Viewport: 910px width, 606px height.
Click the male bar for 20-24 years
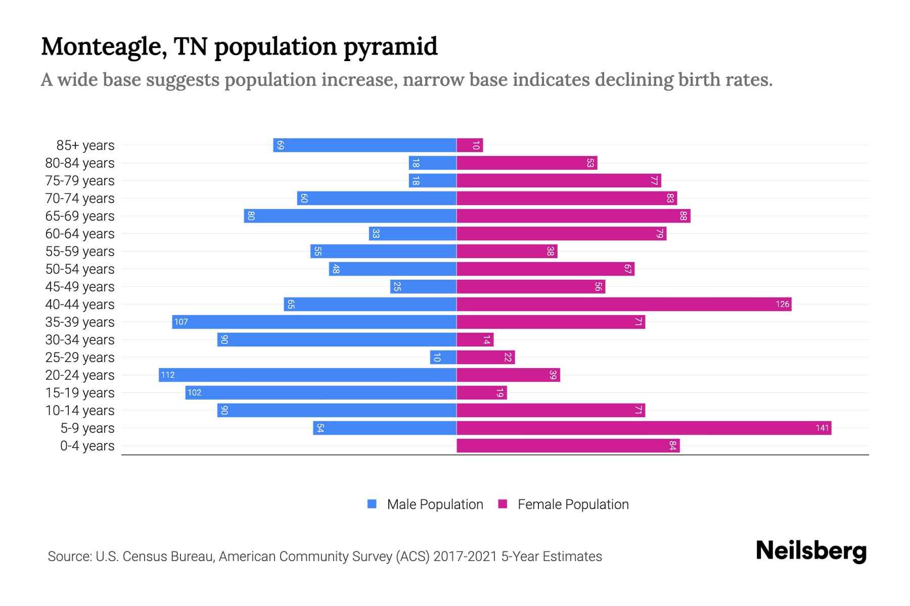[307, 375]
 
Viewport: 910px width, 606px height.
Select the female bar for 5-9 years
[644, 428]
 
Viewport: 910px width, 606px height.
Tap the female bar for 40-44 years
[623, 304]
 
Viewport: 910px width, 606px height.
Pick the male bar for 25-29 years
[443, 357]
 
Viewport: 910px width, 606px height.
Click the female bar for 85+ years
[470, 145]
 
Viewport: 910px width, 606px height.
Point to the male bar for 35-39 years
[314, 322]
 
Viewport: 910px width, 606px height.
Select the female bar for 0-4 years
[568, 445]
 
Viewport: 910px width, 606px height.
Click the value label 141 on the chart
[822, 428]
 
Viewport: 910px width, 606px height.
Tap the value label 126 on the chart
[782, 304]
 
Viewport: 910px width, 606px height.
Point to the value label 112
[168, 375]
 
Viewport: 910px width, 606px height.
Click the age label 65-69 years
[80, 216]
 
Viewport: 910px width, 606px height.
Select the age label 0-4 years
[87, 446]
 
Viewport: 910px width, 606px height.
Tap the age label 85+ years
[85, 145]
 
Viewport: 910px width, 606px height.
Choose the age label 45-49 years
[80, 287]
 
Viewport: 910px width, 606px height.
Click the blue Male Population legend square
[372, 504]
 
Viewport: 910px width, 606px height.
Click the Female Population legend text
[573, 504]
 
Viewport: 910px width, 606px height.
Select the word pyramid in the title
[390, 46]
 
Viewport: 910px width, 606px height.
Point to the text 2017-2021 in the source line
[465, 557]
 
